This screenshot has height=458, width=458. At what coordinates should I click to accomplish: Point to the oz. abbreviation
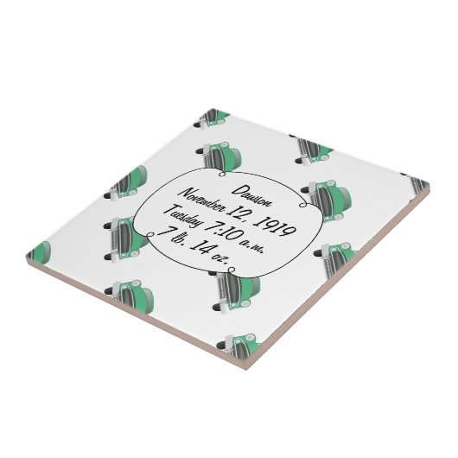click(219, 258)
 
